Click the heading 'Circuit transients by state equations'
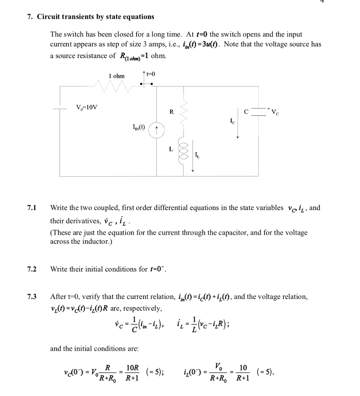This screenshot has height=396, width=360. point(95,17)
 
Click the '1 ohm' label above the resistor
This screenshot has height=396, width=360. point(116,76)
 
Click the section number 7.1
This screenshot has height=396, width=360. point(32,208)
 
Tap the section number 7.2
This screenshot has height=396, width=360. point(32,269)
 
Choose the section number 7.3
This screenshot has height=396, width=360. point(32,297)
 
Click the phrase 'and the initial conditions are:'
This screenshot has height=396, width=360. point(94,348)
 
